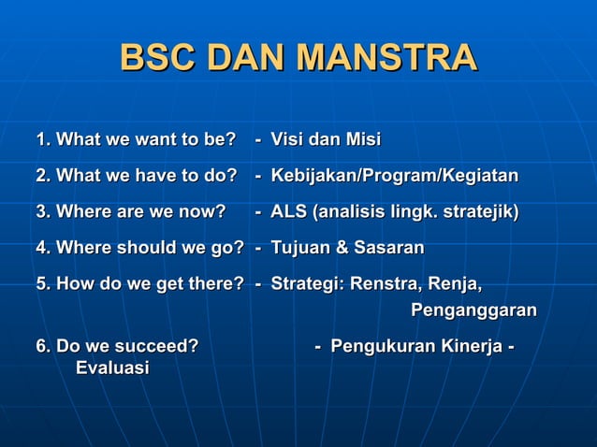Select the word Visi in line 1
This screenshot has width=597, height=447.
pyautogui.click(x=287, y=140)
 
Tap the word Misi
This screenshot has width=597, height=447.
pyautogui.click(x=362, y=140)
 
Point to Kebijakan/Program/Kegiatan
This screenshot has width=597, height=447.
pyautogui.click(x=394, y=177)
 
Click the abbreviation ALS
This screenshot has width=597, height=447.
pyautogui.click(x=289, y=212)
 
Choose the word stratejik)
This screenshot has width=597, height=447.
pyautogui.click(x=475, y=212)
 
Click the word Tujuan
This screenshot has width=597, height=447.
pyautogui.click(x=298, y=248)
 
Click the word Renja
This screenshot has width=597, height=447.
pyautogui.click(x=454, y=284)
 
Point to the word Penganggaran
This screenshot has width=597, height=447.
pyautogui.click(x=473, y=310)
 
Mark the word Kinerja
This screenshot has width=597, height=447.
pyautogui.click(x=472, y=347)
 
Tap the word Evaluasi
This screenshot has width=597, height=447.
pyautogui.click(x=111, y=368)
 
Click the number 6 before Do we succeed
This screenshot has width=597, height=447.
pyautogui.click(x=41, y=347)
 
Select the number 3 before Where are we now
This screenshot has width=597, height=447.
pyautogui.click(x=41, y=212)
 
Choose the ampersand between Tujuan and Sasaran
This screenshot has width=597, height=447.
pyautogui.click(x=339, y=248)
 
